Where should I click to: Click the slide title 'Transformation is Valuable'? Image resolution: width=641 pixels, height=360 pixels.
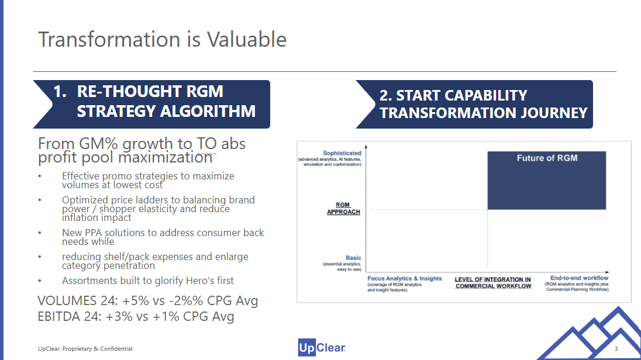point(162,40)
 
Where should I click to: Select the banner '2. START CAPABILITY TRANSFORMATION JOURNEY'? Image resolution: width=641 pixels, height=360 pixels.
point(483,104)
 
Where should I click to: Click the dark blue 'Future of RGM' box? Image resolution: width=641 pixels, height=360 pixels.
point(546,180)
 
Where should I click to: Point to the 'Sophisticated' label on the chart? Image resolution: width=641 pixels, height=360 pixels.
point(342,153)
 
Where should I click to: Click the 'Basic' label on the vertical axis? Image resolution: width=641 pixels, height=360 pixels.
point(353,258)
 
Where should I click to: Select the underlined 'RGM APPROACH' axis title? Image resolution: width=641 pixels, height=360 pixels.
point(343,209)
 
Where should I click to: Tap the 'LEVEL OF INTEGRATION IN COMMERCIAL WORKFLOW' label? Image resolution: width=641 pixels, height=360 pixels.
point(492,283)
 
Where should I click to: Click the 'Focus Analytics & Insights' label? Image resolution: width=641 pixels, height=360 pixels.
point(404,279)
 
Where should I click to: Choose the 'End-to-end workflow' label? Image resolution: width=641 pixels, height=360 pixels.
point(579,278)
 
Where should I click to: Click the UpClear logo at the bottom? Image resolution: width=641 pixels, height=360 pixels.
point(321,348)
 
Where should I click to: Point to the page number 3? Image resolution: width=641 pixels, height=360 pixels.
point(616,349)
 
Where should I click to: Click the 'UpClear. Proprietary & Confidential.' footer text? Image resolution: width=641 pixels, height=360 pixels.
point(86,349)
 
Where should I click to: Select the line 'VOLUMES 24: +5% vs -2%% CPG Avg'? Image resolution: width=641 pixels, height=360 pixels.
point(147,301)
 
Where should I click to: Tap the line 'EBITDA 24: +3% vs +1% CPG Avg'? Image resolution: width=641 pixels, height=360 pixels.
point(136,317)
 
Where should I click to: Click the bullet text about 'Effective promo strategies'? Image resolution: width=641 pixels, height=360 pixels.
point(148,180)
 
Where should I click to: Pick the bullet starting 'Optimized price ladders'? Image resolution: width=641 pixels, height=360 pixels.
point(158,209)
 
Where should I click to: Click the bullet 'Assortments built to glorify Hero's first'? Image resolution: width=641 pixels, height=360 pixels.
point(148,281)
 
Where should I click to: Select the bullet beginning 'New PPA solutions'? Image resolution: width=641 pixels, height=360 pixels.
point(163,237)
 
